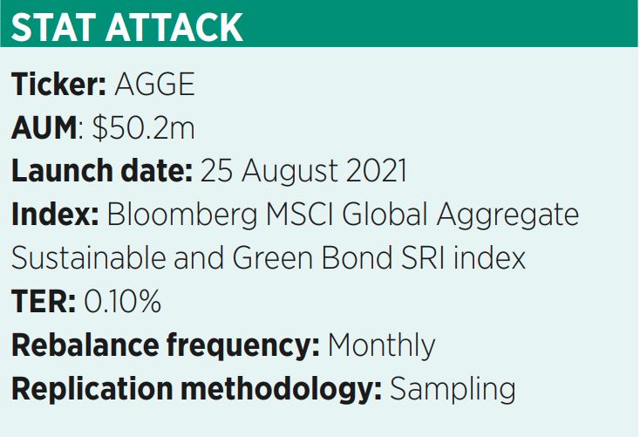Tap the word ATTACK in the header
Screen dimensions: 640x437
click(174, 27)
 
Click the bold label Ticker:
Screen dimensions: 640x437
click(58, 84)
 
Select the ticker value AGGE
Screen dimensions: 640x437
click(154, 84)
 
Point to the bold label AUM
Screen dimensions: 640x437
click(44, 128)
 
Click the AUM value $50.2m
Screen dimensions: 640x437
click(144, 127)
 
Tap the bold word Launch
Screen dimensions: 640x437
click(62, 171)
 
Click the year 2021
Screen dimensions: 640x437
click(377, 171)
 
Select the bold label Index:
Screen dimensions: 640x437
click(55, 214)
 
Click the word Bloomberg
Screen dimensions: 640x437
click(182, 215)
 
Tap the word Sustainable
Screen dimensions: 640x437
click(89, 258)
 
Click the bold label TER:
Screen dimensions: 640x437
click(44, 302)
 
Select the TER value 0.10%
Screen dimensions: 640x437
click(122, 302)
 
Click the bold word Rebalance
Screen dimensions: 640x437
click(85, 345)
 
